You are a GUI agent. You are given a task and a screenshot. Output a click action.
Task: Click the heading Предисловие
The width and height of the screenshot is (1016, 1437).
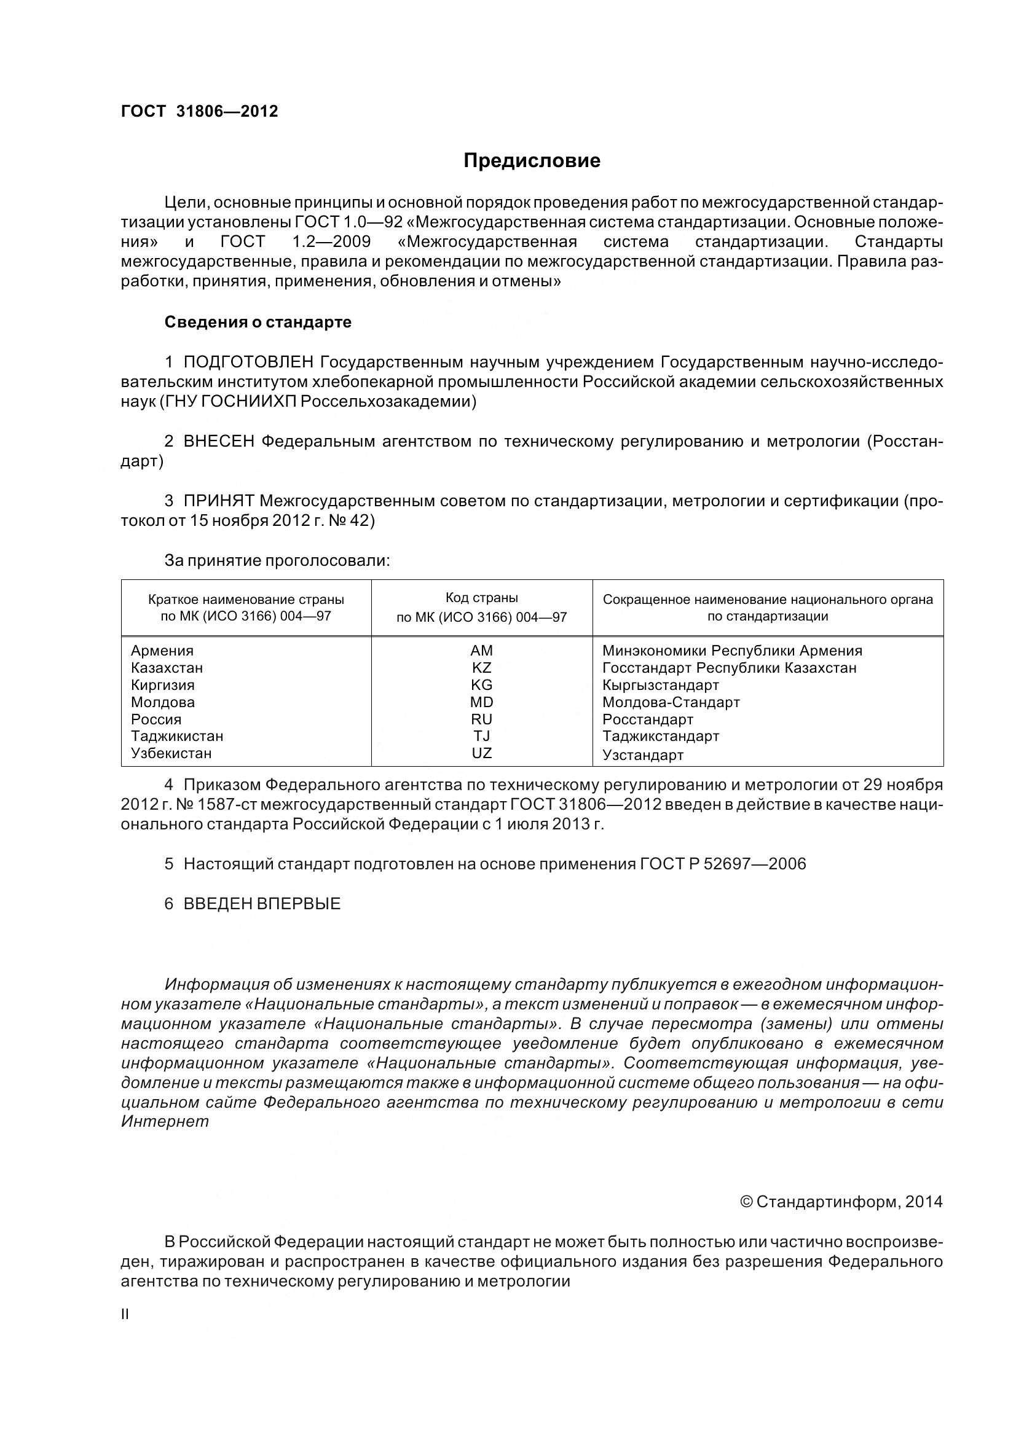(532, 161)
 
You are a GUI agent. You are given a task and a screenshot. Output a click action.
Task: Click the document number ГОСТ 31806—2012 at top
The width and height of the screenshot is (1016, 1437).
(199, 111)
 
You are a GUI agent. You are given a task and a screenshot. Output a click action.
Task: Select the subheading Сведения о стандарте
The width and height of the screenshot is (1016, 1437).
(258, 323)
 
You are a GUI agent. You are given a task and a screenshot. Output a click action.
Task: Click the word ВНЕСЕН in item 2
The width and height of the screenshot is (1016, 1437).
(218, 441)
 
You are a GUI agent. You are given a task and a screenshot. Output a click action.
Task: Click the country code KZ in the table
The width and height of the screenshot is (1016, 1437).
(481, 668)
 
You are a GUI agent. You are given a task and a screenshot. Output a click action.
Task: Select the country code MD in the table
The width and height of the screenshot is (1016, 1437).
(481, 702)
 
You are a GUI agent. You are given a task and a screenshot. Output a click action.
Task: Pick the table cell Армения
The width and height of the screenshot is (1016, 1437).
(162, 651)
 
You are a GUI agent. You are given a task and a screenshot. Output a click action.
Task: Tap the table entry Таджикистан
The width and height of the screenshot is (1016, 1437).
(177, 736)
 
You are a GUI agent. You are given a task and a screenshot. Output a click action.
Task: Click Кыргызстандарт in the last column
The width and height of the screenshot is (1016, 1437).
(661, 686)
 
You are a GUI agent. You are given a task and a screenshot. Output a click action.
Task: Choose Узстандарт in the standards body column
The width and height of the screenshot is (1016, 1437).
(643, 755)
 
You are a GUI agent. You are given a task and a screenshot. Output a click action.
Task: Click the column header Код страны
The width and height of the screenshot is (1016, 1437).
(481, 598)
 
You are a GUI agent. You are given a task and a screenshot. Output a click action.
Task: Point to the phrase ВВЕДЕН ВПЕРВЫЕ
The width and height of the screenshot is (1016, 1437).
(262, 904)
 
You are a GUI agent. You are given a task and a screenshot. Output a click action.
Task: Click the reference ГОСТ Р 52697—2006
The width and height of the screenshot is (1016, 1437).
(722, 864)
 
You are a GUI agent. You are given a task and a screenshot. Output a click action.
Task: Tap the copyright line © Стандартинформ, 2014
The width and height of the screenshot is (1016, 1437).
(841, 1202)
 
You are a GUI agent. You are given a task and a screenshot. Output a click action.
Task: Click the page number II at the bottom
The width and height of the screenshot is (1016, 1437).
(125, 1314)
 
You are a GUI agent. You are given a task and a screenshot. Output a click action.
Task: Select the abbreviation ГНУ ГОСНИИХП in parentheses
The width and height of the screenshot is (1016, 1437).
(229, 402)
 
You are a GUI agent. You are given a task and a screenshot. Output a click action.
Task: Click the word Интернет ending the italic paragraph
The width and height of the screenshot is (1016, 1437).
(165, 1122)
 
